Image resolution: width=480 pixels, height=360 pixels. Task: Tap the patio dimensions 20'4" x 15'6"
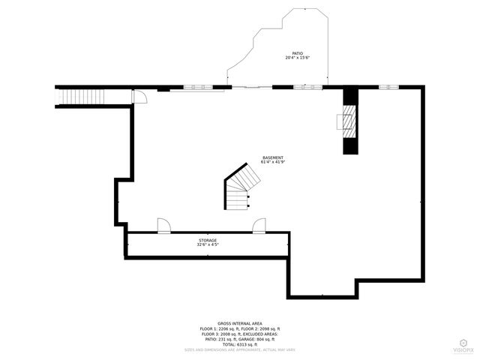297,58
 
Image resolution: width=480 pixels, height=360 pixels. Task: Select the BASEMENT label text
272,157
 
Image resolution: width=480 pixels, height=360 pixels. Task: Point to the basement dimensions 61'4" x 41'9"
272,162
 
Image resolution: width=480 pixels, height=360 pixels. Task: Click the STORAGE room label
208,240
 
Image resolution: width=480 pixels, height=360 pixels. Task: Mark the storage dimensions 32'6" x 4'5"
208,244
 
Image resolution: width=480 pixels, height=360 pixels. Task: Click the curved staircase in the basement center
241,187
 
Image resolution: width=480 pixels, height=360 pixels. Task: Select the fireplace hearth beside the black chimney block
346,119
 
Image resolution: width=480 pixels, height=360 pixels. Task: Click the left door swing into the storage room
163,226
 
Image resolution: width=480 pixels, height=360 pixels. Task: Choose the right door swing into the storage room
259,226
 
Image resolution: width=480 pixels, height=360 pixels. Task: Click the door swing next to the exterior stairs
139,96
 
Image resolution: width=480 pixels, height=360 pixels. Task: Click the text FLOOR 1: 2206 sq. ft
219,328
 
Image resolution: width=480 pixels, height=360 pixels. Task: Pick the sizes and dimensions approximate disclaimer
239,349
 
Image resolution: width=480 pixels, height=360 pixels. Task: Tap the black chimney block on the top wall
350,120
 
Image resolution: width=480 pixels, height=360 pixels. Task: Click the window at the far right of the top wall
388,87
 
